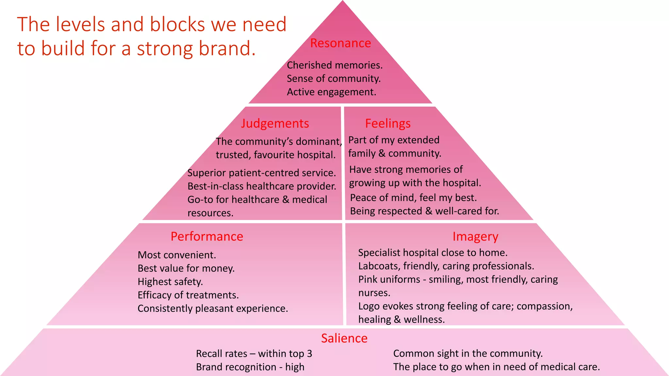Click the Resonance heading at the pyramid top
coord(340,43)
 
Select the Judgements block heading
coord(275,123)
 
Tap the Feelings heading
coord(388,123)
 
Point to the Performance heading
coord(207,236)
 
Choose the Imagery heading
coord(475,236)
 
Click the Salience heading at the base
coord(344,338)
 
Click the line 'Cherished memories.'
coord(334,65)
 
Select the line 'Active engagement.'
coord(331,92)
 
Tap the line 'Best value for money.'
coord(186,268)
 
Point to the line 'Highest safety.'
coord(170,282)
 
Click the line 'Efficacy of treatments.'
coord(188,295)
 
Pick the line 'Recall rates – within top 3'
coord(254,353)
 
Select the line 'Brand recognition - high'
coord(250,367)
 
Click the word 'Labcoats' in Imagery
coord(379,266)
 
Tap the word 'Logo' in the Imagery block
coord(369,306)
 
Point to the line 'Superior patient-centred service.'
coord(262,173)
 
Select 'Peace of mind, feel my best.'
coord(413,198)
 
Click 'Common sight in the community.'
coord(468,353)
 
